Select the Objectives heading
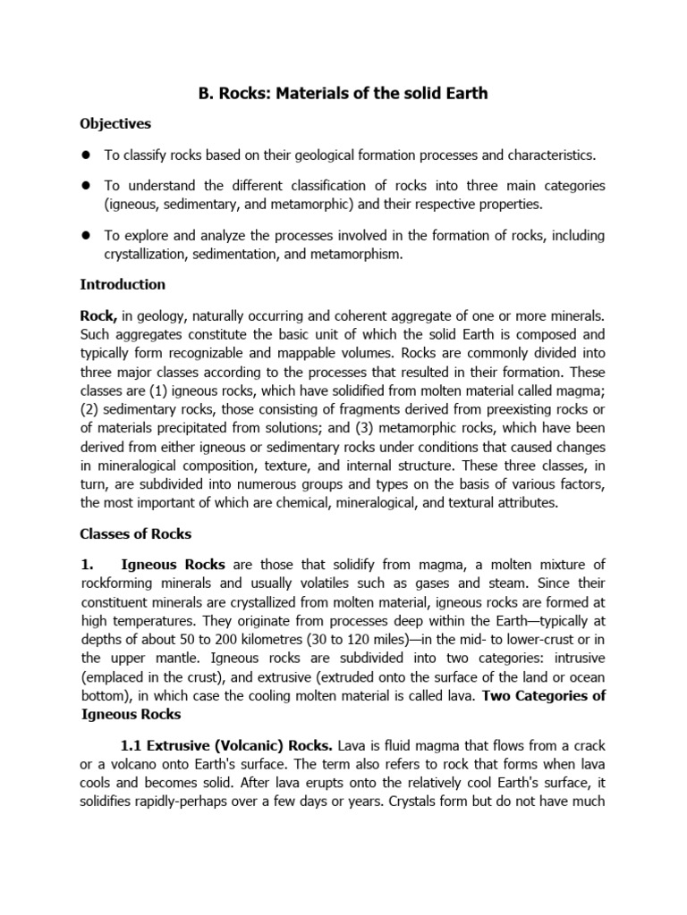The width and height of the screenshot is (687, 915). (x=115, y=123)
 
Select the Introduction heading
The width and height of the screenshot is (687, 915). (x=123, y=285)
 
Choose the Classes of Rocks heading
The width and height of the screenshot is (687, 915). (x=135, y=533)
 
